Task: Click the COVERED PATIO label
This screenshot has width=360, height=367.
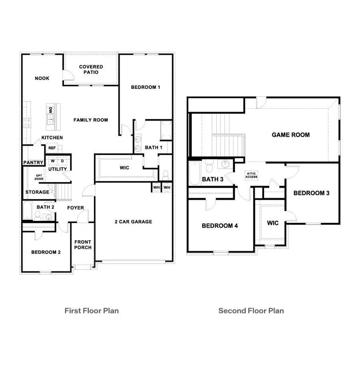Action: click(91, 70)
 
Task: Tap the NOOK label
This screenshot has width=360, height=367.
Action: click(42, 78)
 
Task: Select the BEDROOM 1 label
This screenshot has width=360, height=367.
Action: click(146, 87)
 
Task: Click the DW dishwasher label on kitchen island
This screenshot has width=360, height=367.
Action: click(51, 110)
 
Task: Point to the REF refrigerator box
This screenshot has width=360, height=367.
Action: click(52, 148)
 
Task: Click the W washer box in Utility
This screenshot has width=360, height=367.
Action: click(52, 161)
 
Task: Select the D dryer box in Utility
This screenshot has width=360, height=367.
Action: click(62, 161)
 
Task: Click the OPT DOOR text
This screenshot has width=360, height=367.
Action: click(39, 177)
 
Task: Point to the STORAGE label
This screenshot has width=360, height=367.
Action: click(37, 192)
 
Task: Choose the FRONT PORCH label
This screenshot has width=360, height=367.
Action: click(83, 245)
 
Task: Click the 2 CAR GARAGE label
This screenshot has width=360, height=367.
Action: click(133, 222)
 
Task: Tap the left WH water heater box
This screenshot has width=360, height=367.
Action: click(156, 187)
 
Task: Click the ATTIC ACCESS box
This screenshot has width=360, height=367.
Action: click(252, 175)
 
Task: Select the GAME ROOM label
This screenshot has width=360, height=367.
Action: click(290, 135)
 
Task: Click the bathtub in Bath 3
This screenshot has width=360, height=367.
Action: click(194, 173)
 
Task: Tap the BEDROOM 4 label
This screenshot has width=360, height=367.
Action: click(220, 226)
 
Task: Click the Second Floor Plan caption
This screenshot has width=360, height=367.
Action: click(251, 311)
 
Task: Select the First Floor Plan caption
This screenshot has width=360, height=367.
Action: click(92, 311)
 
